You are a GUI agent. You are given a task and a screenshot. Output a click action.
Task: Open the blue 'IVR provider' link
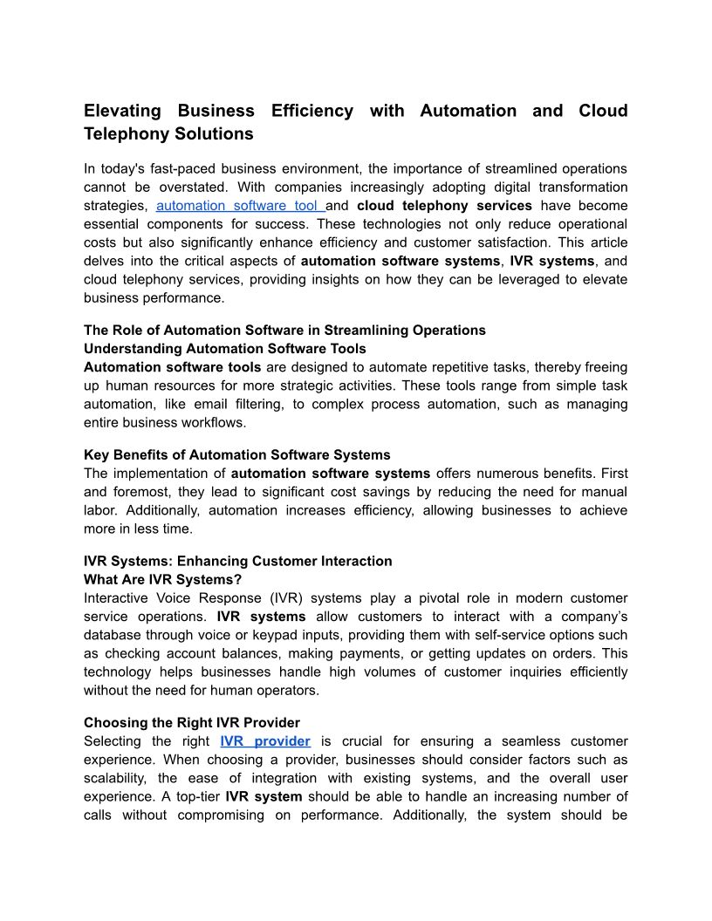pyautogui.click(x=265, y=741)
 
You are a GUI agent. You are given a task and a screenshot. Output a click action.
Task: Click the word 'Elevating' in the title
pyautogui.click(x=123, y=111)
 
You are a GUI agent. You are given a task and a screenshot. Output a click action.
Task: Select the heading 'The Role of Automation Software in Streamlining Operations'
pyautogui.click(x=284, y=331)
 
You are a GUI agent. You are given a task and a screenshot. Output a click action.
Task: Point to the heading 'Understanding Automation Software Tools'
pyautogui.click(x=225, y=349)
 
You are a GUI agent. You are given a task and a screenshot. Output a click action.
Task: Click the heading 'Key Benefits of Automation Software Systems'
pyautogui.click(x=237, y=455)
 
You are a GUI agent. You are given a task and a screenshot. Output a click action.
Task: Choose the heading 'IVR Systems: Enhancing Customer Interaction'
pyautogui.click(x=238, y=562)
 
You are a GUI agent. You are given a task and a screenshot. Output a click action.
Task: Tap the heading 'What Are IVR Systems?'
pyautogui.click(x=162, y=580)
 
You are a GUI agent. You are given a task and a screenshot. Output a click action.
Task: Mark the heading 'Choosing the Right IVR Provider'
pyautogui.click(x=192, y=723)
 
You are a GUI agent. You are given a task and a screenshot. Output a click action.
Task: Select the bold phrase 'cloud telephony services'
pyautogui.click(x=445, y=206)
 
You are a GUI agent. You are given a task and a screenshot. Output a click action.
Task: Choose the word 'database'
pyautogui.click(x=113, y=635)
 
